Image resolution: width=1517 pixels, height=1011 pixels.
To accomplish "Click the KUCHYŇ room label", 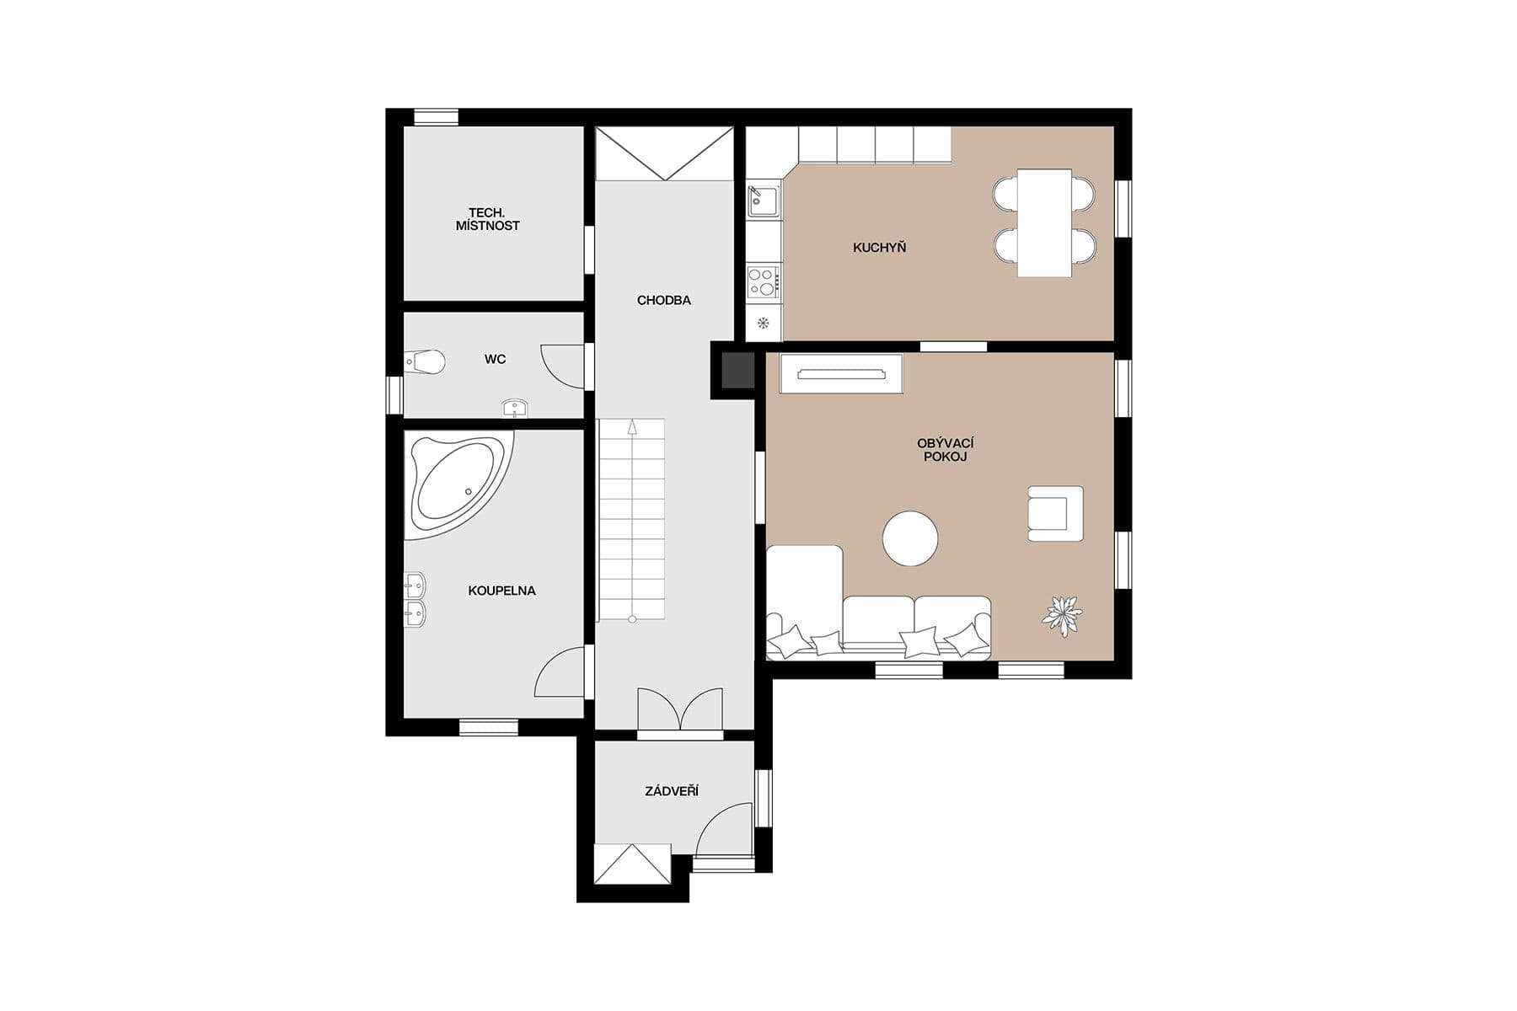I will [x=879, y=248].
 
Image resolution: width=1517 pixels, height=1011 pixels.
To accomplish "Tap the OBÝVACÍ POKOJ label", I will [x=946, y=450].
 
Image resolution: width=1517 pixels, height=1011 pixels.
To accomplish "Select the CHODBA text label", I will [x=664, y=300].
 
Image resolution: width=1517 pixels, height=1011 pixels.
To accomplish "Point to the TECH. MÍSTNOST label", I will [x=487, y=219].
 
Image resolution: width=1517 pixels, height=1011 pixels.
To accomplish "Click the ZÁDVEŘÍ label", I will [x=672, y=791].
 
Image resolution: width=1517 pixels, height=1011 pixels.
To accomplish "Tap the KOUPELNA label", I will [x=501, y=591].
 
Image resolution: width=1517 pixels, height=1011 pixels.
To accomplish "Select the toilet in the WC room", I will [x=426, y=362].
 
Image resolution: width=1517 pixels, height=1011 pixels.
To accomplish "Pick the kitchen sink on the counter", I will [x=763, y=201].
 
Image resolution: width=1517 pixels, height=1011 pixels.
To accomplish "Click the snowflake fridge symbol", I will [x=764, y=323].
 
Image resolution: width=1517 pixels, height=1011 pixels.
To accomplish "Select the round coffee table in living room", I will [x=910, y=538].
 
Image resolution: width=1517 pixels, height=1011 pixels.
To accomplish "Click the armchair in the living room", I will [x=1054, y=514].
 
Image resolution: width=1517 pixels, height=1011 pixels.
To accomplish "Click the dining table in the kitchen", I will [x=1044, y=222].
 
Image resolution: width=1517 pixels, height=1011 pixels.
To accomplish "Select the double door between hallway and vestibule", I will [x=680, y=709].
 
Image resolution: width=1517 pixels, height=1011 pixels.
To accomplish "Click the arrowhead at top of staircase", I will [x=632, y=428].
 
